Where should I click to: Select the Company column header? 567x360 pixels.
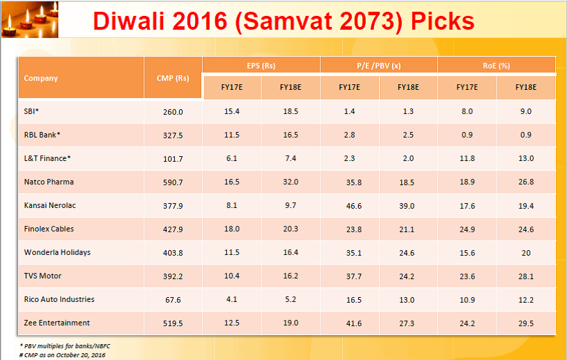pos(41,78)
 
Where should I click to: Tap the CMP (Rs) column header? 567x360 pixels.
pos(173,78)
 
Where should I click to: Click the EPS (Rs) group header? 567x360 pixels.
pos(261,66)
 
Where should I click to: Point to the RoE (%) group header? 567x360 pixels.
pos(496,66)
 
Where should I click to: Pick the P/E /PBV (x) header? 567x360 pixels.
pos(379,66)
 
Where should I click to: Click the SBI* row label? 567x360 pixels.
pos(32,111)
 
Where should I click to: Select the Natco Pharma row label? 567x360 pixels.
pos(48,182)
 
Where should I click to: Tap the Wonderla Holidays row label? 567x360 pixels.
pos(57,252)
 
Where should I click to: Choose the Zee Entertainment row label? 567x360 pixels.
pos(57,323)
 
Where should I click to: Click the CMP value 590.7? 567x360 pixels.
pos(173,182)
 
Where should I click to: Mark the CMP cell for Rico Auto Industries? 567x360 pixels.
pos(173,299)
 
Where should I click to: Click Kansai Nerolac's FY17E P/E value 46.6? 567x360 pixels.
pos(349,205)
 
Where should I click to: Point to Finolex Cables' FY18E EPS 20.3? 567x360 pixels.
pos(290,229)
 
